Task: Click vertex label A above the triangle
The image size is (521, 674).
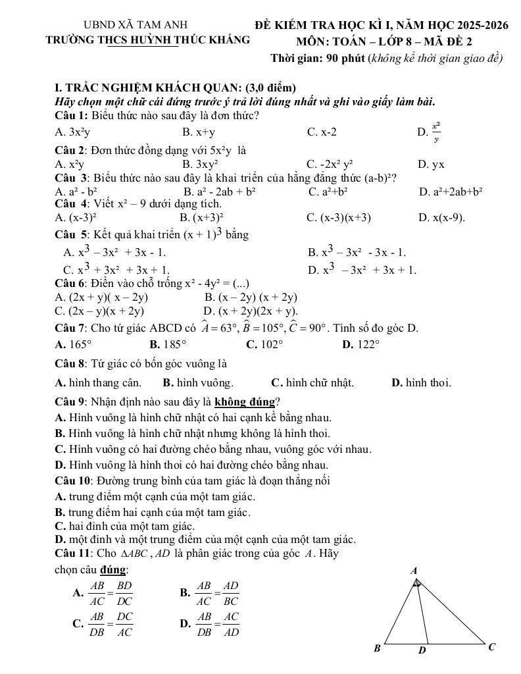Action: pyautogui.click(x=414, y=571)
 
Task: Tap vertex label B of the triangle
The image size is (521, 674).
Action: pyautogui.click(x=377, y=648)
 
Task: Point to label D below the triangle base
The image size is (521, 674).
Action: pyautogui.click(x=422, y=651)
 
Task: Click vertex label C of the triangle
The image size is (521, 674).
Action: pyautogui.click(x=491, y=647)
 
